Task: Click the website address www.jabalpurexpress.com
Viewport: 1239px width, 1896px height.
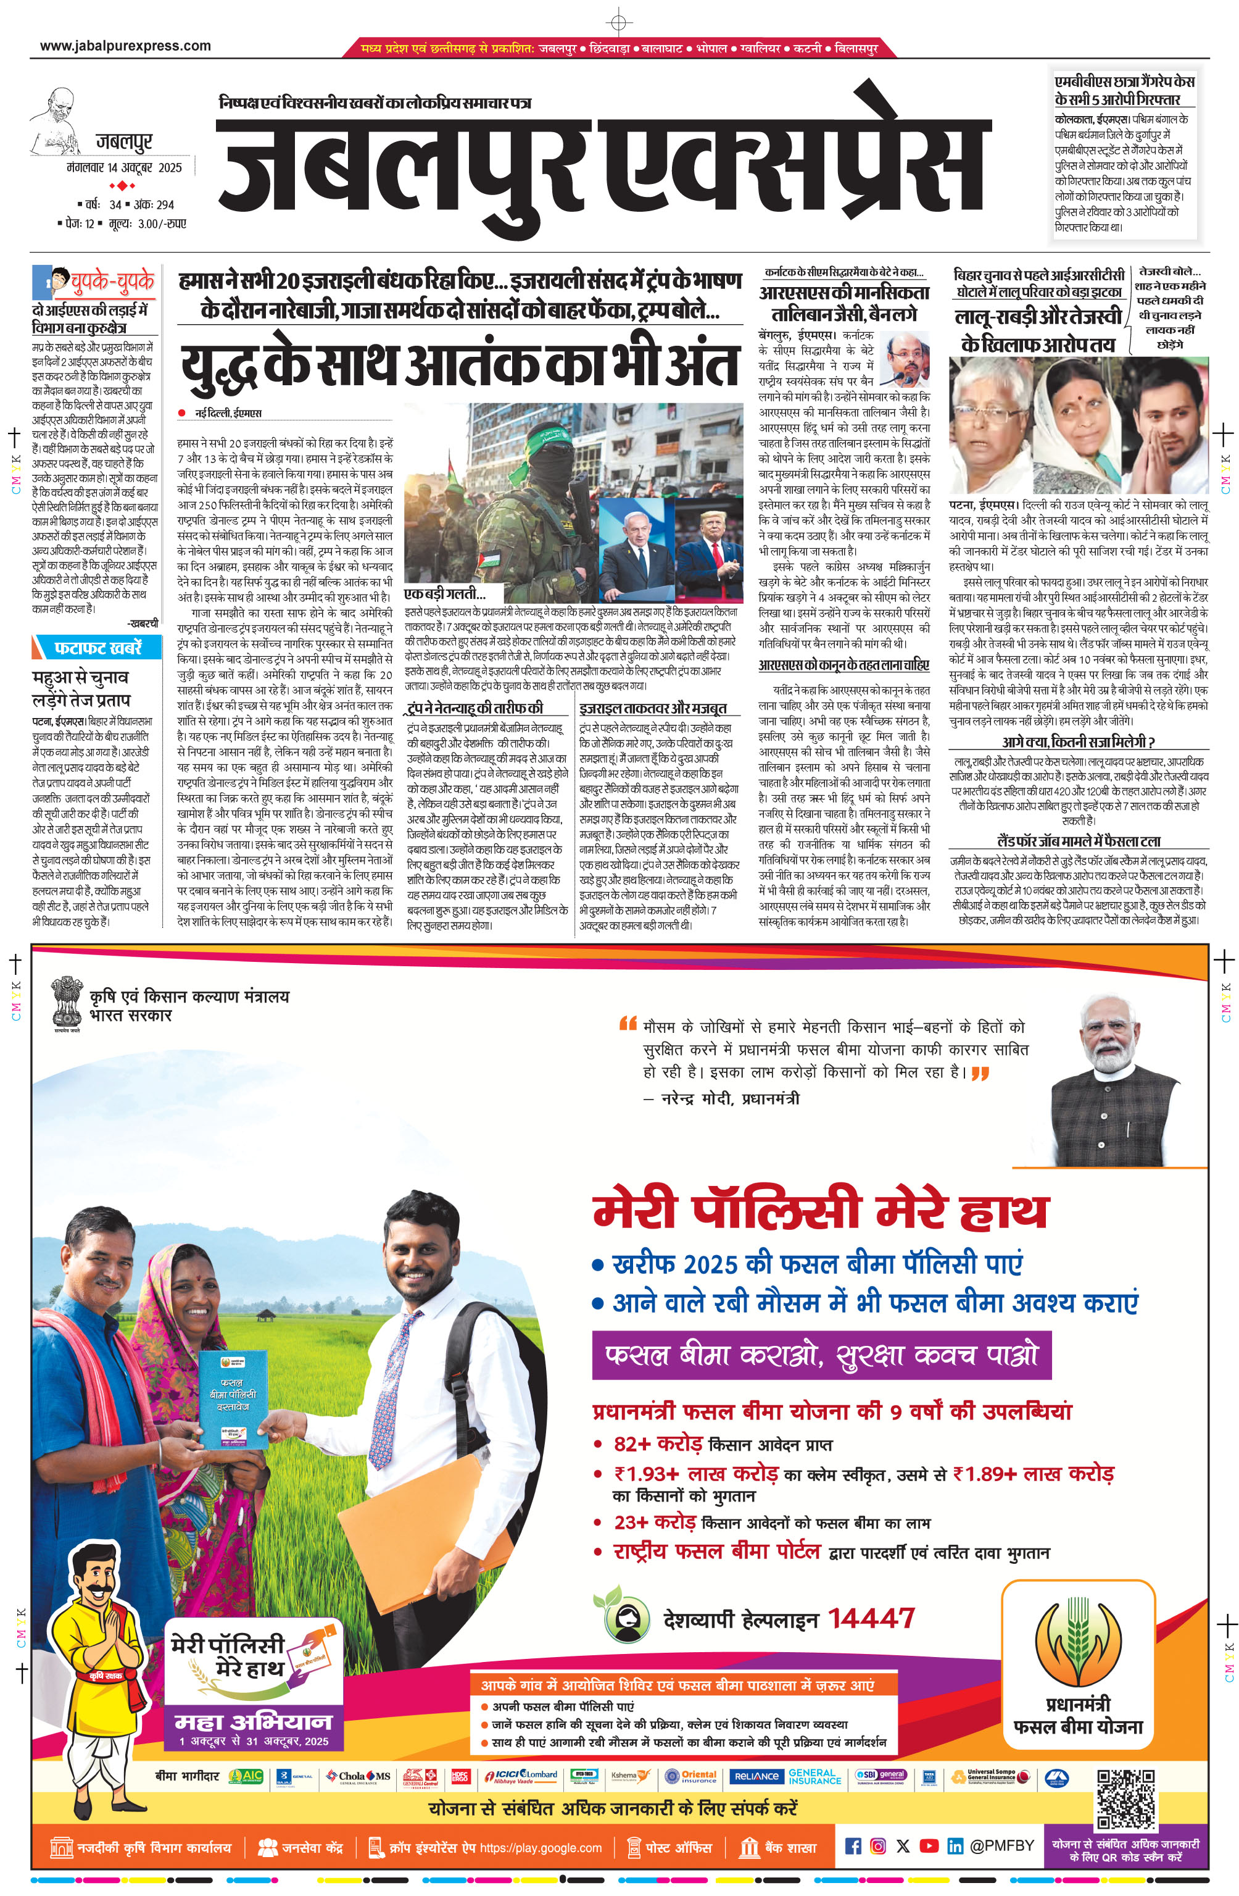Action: pos(125,46)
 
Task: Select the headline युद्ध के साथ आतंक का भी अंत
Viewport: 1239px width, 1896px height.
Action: pos(460,367)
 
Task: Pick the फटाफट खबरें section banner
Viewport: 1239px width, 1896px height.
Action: pos(97,648)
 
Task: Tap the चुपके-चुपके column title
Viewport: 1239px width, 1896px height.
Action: pos(112,280)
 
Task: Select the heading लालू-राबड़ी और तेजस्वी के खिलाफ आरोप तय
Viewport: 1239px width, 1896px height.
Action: pos(1038,330)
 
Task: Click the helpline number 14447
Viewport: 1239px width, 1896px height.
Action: pos(871,1619)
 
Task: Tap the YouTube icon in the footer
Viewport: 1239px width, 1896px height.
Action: pos(929,1846)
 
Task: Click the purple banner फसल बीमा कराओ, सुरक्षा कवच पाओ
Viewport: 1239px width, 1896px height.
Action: pos(821,1355)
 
